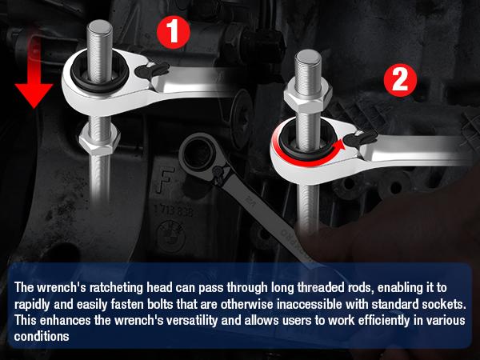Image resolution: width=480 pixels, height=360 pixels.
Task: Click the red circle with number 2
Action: (x=400, y=81)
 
